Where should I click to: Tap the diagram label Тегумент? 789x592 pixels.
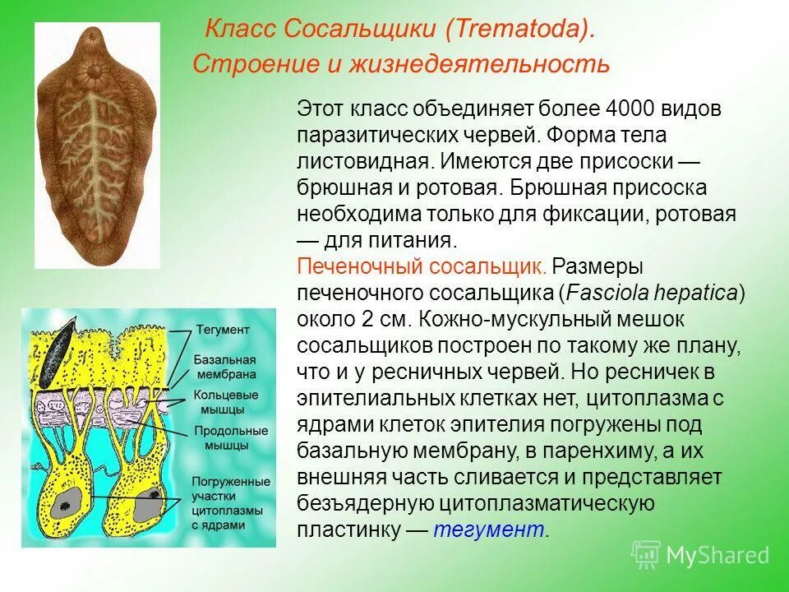coord(223,330)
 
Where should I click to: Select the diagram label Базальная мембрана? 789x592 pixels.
coord(225,368)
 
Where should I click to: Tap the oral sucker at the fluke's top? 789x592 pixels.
coord(92,72)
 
